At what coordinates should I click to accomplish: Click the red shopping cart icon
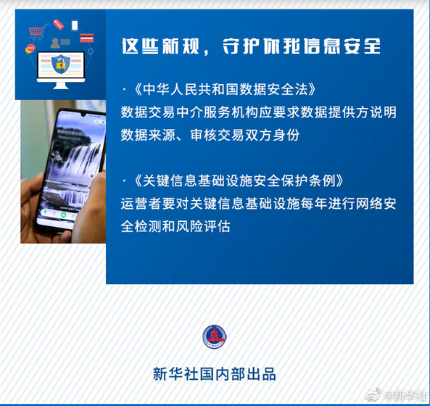click(36, 31)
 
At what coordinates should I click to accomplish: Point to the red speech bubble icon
click(30, 49)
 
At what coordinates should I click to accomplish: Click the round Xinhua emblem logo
click(214, 336)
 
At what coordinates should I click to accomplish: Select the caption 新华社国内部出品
click(214, 375)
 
